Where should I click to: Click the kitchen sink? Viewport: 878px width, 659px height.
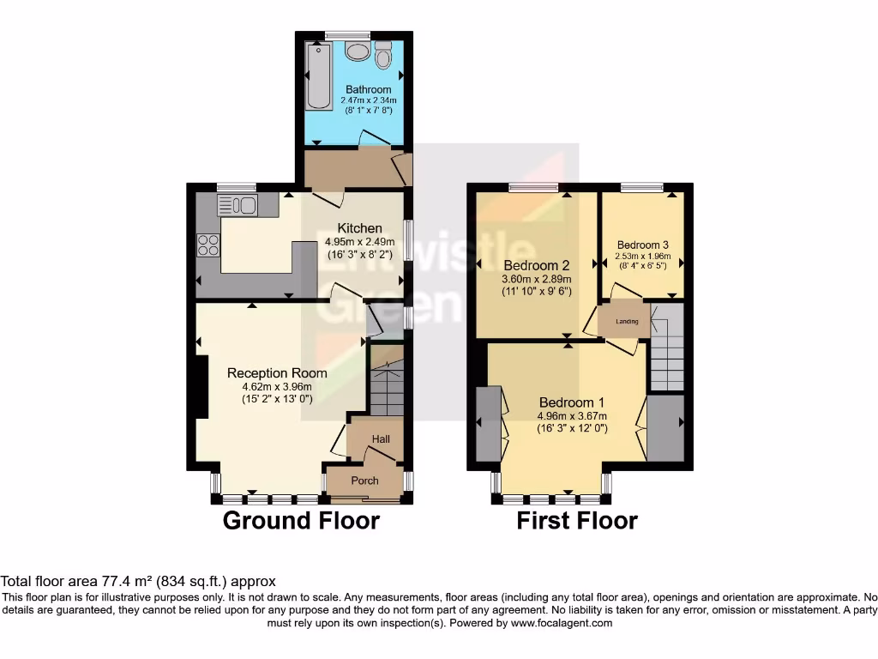point(238,205)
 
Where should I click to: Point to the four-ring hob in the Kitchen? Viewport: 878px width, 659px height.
point(208,245)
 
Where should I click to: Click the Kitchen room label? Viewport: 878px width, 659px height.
point(359,228)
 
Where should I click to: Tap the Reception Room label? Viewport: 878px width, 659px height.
point(277,373)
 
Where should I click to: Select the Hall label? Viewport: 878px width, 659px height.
point(381,439)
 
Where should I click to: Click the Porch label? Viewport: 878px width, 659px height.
point(364,481)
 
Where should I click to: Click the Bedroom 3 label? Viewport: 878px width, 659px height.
point(643,245)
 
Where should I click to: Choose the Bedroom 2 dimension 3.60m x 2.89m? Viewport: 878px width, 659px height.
point(537,279)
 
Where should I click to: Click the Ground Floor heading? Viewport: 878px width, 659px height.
point(301,521)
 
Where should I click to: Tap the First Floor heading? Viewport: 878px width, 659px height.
point(577,521)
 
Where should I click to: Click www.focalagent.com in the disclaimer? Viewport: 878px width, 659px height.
point(562,624)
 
